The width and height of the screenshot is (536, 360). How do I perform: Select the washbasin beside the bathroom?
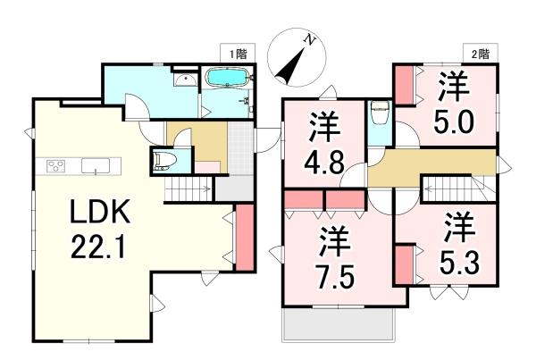point(185,81)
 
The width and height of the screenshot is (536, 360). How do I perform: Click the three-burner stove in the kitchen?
point(56,165)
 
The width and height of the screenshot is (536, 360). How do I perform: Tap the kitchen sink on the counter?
point(95,165)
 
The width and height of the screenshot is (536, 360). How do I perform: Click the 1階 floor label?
point(237,54)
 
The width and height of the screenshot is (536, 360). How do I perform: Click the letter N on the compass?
point(307,38)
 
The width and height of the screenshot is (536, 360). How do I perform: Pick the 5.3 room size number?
point(457,256)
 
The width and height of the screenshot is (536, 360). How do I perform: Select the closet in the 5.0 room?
point(404,84)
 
